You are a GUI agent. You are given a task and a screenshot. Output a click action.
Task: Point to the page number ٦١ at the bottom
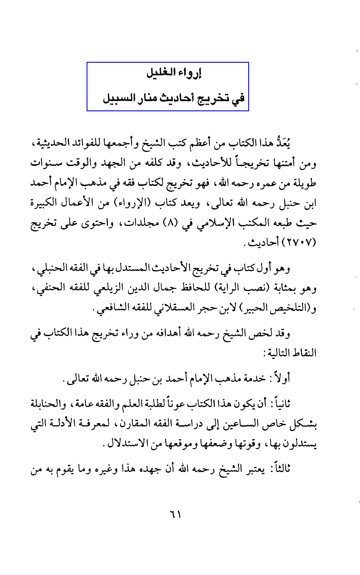point(175,515)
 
